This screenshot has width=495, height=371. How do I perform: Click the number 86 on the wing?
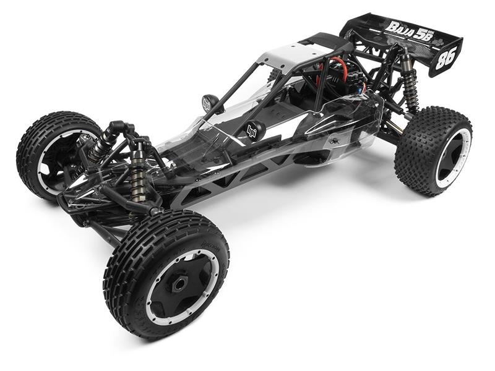pyautogui.click(x=445, y=58)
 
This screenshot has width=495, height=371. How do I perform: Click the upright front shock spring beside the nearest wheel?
pyautogui.click(x=137, y=176)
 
